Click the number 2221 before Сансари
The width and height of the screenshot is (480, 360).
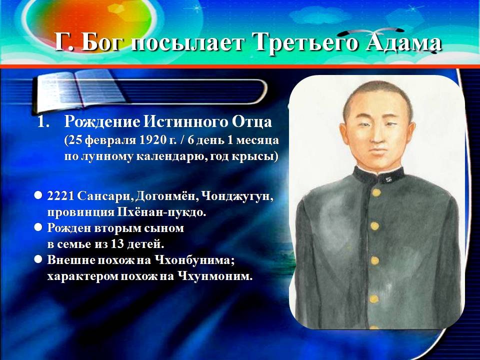pos(60,196)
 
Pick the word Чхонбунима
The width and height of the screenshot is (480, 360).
pos(193,260)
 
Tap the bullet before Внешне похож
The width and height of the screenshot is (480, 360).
pos(38,259)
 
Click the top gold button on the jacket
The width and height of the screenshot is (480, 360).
pos(376,192)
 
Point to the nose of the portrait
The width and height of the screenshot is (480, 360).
pos(375,135)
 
